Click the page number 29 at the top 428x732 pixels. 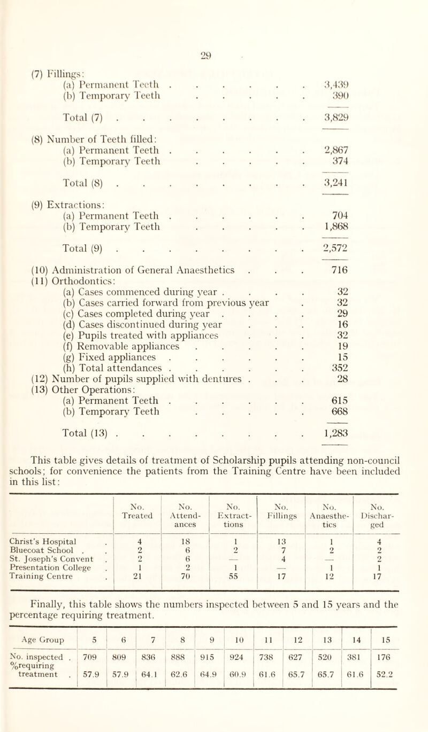coord(213,12)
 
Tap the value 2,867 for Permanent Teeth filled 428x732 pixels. coord(351,151)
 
